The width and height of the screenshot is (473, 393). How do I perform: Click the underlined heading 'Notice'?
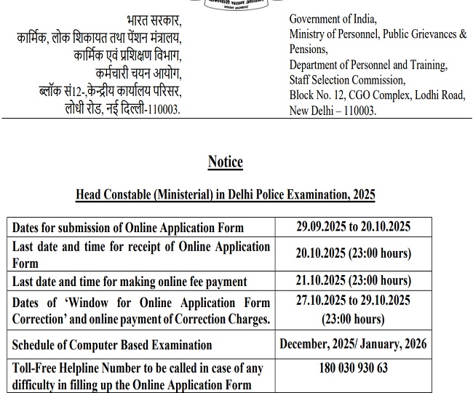point(225,162)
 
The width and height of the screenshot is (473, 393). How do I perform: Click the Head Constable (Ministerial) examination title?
point(225,194)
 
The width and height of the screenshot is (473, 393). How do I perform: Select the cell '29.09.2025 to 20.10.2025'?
point(354,227)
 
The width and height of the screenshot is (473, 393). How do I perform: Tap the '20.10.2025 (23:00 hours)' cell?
point(354,253)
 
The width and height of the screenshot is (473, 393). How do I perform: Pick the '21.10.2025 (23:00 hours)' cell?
point(354,281)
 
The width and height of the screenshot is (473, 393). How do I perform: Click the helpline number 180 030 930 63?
point(354,369)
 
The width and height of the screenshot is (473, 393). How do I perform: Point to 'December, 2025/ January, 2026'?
point(354,344)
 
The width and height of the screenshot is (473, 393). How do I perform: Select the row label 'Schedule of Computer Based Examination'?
point(112,345)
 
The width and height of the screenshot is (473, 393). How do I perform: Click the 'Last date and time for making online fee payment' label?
point(130,282)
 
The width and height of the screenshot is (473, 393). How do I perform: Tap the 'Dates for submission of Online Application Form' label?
point(128,228)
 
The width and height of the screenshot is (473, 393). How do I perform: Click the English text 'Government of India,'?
point(333,20)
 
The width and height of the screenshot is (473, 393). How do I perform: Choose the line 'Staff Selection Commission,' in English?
point(346,80)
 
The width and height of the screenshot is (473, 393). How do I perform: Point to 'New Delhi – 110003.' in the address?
point(333,111)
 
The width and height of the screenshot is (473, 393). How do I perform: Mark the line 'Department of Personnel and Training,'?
point(367,65)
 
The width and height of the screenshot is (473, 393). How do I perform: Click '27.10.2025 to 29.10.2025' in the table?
point(354,301)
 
